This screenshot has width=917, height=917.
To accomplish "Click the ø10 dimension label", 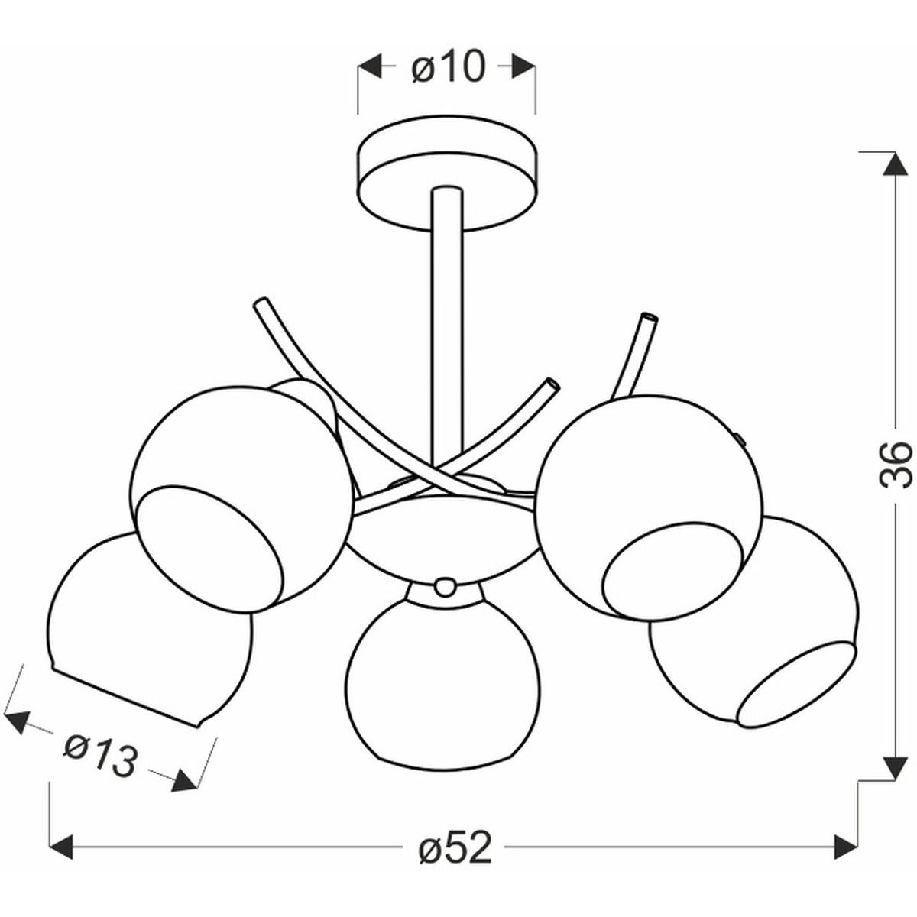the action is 449,67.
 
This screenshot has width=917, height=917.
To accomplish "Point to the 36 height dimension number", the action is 896,465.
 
